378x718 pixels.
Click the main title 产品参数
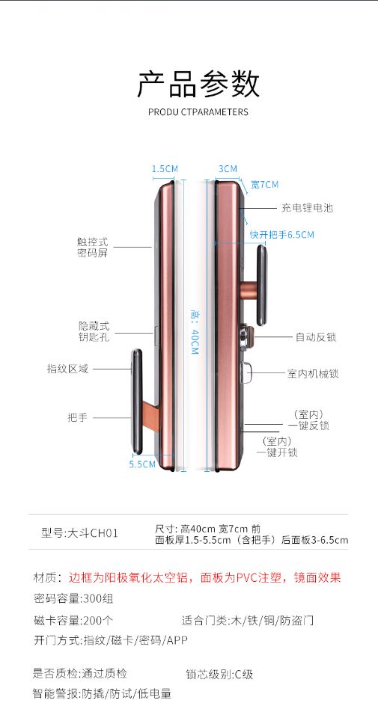[198, 83]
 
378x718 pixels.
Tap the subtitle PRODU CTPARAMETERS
[198, 111]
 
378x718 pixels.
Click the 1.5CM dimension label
[165, 169]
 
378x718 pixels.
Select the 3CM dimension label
[228, 169]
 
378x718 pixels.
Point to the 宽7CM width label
[264, 185]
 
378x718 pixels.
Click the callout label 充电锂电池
[307, 208]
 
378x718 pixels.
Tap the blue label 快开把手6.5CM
[281, 235]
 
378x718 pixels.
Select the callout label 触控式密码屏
[92, 247]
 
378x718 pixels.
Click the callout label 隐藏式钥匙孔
[94, 332]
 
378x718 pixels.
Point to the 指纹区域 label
[67, 369]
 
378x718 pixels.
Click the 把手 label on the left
[77, 417]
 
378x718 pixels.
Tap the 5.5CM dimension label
[142, 464]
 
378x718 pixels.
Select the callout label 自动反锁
[316, 337]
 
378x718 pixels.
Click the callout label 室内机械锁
[313, 374]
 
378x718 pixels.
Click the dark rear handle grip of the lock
[261, 285]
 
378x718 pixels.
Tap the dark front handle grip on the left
[137, 401]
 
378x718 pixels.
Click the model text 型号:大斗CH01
[80, 533]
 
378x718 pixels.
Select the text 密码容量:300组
[73, 598]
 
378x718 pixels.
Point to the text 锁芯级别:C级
[219, 675]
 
